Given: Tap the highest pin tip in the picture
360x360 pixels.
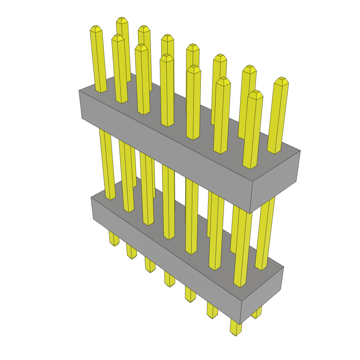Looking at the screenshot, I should (x=122, y=19).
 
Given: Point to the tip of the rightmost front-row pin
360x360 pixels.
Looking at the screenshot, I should (x=256, y=94).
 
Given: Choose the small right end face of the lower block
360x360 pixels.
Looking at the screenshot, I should (x=262, y=295).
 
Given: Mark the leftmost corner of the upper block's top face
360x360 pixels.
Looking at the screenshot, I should (x=79, y=90).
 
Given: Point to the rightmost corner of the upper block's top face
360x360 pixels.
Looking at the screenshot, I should (x=300, y=150).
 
